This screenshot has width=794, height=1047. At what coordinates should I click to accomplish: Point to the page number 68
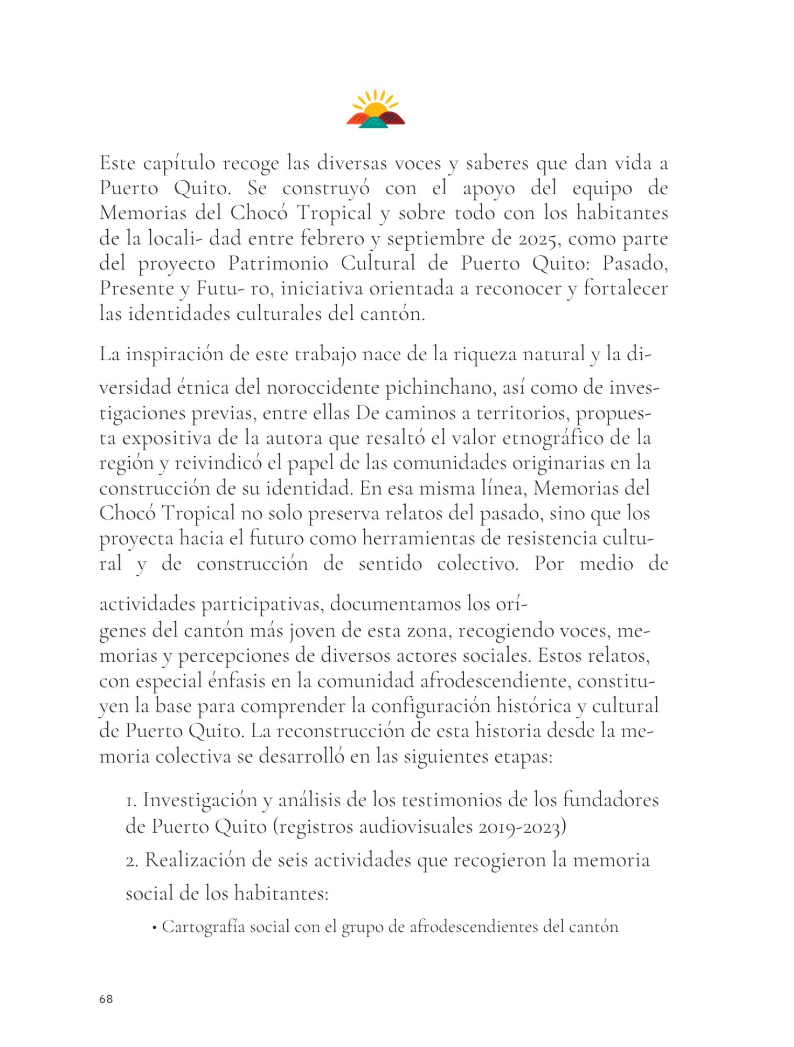[106, 999]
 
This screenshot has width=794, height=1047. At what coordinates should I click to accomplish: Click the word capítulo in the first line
[179, 163]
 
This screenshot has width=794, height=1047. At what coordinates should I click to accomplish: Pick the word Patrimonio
[278, 263]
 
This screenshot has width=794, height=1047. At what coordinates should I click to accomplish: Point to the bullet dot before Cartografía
[154, 928]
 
